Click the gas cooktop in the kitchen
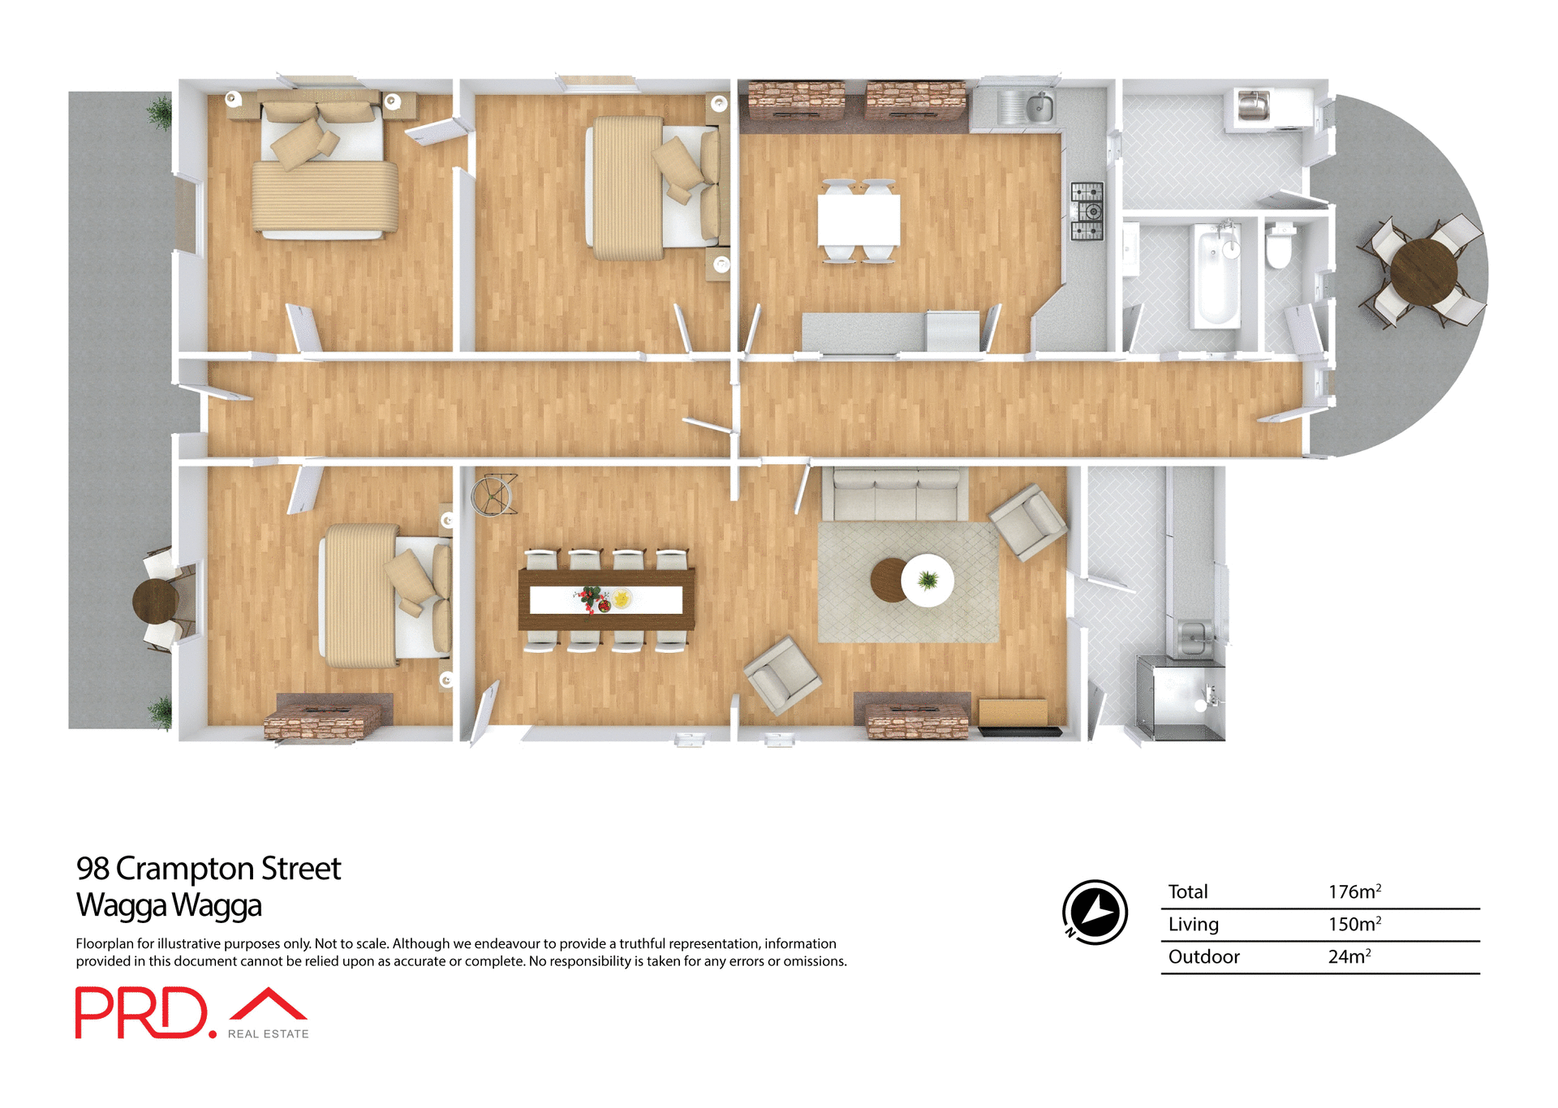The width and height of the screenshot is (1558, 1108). click(1087, 212)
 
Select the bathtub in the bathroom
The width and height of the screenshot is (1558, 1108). click(1216, 277)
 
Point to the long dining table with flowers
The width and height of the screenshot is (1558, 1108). click(606, 599)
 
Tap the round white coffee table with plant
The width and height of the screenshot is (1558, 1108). click(927, 580)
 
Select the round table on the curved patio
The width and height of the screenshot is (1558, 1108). click(1423, 272)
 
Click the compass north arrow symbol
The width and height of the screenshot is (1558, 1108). click(1095, 912)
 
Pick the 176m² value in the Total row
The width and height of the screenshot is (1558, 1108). click(1354, 891)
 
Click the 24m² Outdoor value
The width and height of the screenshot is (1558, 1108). click(1349, 956)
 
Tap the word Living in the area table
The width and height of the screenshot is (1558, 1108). click(1193, 924)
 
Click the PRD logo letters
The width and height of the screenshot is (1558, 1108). click(143, 1012)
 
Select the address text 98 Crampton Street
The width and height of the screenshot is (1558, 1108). click(209, 868)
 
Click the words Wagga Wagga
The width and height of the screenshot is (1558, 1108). click(169, 904)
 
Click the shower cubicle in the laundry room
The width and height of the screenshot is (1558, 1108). click(1180, 698)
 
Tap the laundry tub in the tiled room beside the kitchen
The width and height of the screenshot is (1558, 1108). click(1254, 106)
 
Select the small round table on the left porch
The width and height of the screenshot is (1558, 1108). click(155, 600)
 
